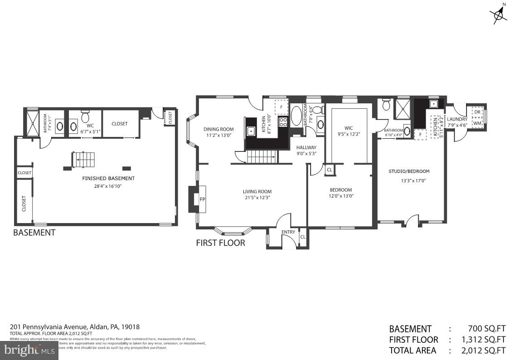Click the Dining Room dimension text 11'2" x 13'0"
tap(218, 135)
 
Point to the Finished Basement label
tap(108, 178)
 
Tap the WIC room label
tap(348, 127)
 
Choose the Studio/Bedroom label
tap(409, 171)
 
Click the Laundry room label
tap(457, 119)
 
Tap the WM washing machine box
tap(477, 122)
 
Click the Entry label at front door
tap(288, 232)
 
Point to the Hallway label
tap(306, 147)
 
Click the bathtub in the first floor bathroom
tap(296, 116)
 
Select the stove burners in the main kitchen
tap(283, 122)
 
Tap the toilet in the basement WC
tap(85, 117)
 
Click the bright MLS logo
tap(29, 350)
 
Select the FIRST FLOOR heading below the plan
tap(220, 243)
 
